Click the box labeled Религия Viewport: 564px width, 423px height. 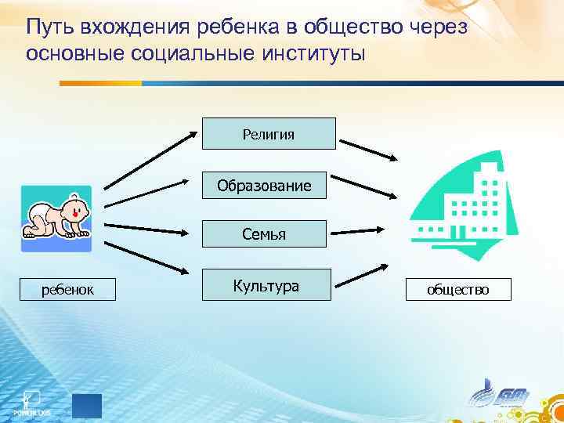point(269,133)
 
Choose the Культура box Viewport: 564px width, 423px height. point(266,285)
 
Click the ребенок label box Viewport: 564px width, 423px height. point(68,290)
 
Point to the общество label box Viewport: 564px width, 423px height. point(457,290)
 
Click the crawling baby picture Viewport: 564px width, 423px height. point(56,219)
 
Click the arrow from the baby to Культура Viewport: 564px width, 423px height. point(149,257)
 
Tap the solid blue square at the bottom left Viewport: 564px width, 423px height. point(87,406)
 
